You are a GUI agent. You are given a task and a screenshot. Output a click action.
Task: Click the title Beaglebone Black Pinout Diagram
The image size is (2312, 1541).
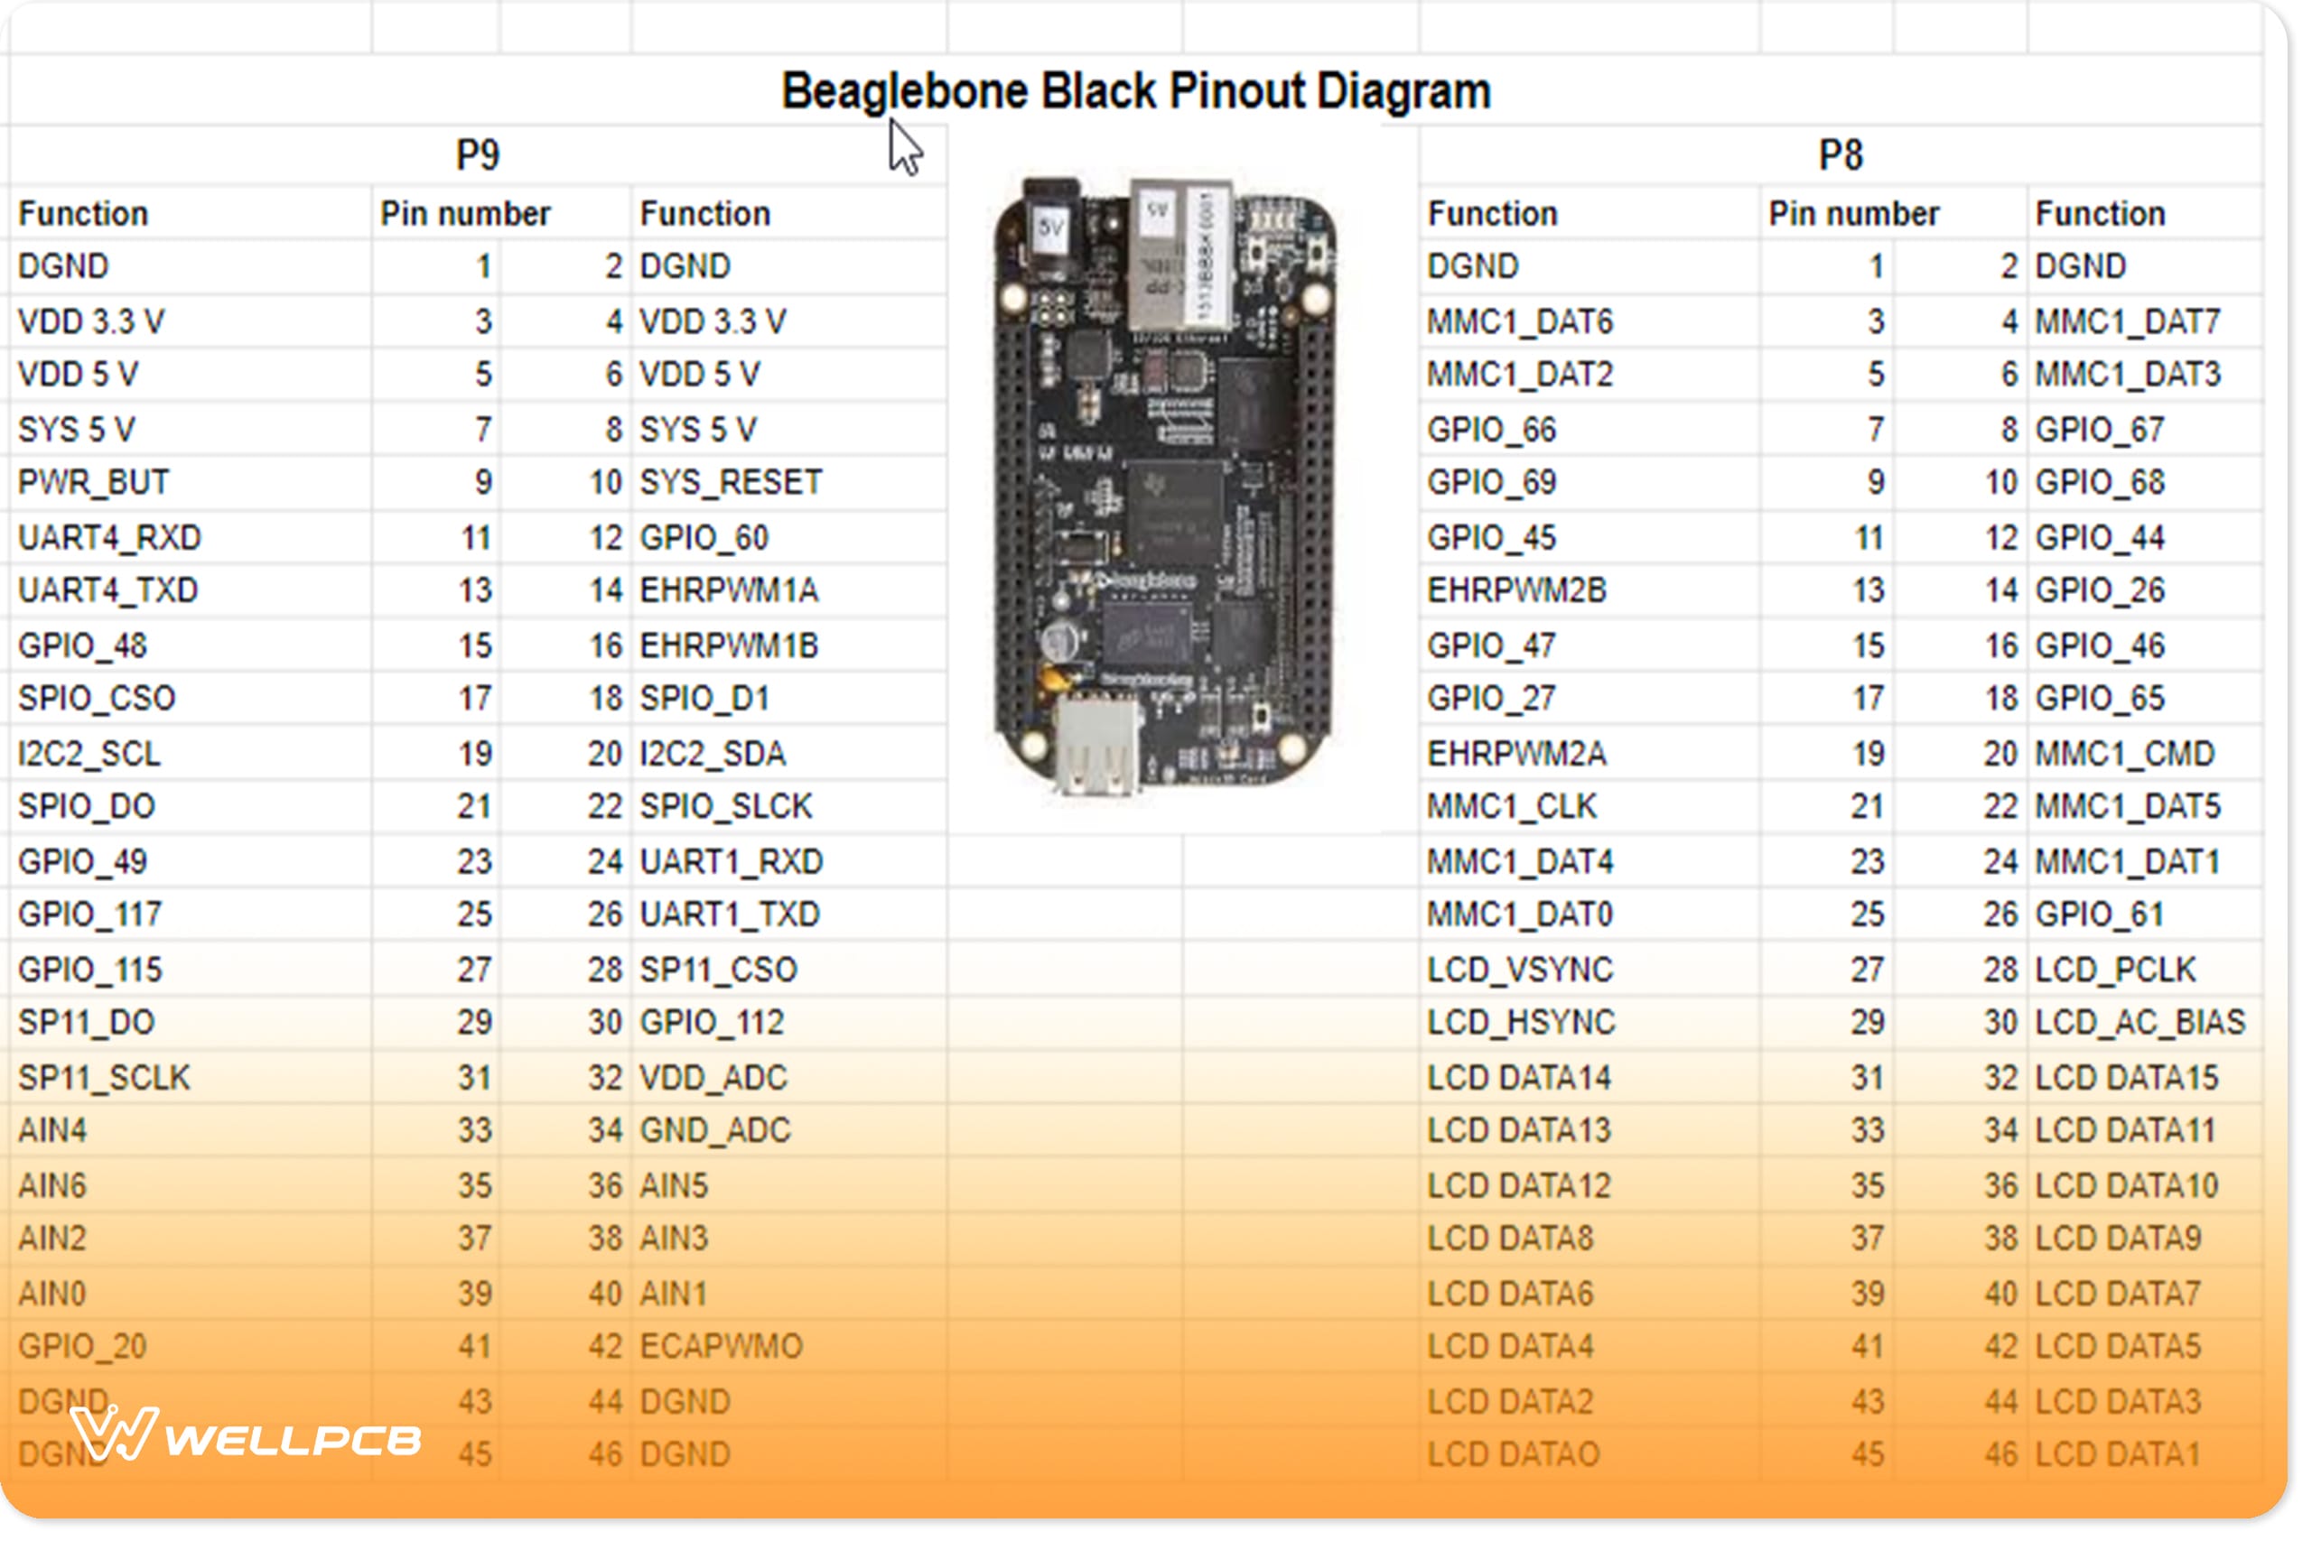(1135, 91)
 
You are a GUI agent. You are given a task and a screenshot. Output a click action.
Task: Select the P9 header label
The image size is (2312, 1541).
(478, 155)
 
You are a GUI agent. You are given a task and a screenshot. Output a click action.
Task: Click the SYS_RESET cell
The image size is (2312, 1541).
(731, 483)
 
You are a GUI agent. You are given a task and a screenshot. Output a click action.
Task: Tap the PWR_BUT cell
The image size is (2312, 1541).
(93, 483)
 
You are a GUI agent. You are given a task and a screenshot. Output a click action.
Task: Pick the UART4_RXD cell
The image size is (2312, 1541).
(109, 537)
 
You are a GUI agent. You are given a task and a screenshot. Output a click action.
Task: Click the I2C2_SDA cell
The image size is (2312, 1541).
(713, 754)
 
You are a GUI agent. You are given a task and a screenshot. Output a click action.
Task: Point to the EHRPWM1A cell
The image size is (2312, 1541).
(729, 590)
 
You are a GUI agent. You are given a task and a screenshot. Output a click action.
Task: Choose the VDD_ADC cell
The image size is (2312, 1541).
(713, 1078)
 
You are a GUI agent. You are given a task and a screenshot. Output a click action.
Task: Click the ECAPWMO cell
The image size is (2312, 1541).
(721, 1346)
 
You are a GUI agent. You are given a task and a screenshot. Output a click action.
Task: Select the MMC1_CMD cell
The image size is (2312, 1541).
(2123, 754)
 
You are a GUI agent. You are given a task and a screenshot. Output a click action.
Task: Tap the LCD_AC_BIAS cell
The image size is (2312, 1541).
(2139, 1023)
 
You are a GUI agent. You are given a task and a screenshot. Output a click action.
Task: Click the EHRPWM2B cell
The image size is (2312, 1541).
(1516, 590)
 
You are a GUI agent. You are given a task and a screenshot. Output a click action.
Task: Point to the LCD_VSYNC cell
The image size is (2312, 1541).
(1520, 970)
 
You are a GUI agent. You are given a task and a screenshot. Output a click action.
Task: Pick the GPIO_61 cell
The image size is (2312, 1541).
(2099, 915)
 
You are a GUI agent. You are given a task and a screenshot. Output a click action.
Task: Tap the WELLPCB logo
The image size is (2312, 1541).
(246, 1436)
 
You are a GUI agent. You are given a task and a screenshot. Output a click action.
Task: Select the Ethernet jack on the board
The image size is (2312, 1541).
(1179, 255)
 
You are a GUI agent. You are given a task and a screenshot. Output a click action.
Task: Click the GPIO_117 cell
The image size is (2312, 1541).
(89, 915)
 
